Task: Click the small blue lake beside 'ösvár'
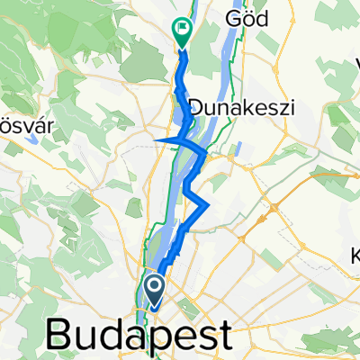pos(33,139)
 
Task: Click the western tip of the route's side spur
pos(157,141)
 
